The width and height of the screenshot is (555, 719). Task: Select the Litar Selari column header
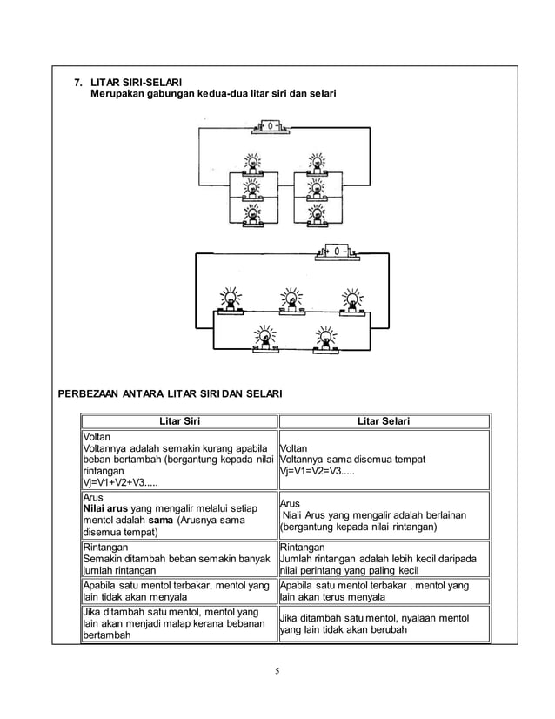pos(384,421)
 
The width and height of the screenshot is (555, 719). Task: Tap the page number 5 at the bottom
pos(277,671)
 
